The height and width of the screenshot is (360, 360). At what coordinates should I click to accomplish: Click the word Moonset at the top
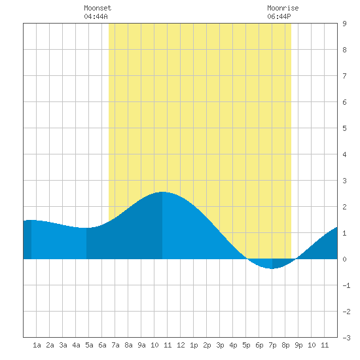point(98,8)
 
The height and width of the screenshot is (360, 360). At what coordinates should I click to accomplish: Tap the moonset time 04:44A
point(96,16)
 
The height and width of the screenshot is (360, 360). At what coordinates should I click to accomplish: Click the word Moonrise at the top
point(283,8)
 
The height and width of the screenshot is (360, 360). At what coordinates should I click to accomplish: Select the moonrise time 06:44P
point(279,16)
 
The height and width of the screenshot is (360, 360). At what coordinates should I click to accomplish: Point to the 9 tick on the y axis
point(344,24)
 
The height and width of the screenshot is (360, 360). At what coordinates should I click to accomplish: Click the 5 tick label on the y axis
point(344,128)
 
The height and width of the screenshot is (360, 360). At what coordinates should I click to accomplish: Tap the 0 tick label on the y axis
point(344,259)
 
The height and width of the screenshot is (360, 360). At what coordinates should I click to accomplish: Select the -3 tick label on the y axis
point(346,338)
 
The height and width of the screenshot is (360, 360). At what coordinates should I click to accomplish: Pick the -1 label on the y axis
point(346,285)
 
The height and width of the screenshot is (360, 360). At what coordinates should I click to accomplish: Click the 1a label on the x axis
point(37,345)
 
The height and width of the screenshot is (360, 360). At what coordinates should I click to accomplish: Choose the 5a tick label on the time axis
point(89,345)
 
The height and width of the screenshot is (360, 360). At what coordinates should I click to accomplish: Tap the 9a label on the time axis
point(141,345)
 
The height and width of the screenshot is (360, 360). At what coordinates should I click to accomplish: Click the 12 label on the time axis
point(181,345)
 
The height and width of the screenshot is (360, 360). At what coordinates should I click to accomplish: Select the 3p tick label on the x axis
point(220,345)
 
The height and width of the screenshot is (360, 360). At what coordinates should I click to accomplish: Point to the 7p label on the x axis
point(272,345)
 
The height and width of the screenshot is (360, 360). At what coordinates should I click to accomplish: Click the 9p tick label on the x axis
point(298,345)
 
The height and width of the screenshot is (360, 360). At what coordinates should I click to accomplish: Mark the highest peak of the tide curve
point(162,192)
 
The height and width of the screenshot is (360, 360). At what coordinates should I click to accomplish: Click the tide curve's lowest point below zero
point(272,268)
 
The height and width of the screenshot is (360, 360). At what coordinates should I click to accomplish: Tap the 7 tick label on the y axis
point(344,76)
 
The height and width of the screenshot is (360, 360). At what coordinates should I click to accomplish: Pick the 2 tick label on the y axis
point(344,207)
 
